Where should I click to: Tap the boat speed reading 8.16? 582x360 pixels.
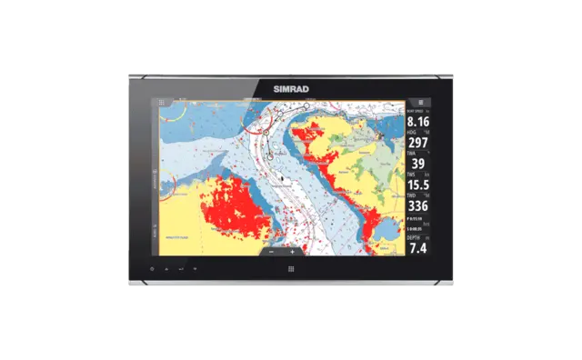pos(418,121)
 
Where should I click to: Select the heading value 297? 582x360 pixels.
pos(418,142)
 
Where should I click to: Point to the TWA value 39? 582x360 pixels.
pos(418,164)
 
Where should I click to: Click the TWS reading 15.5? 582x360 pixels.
pos(418,185)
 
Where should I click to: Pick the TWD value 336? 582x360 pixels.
pos(418,205)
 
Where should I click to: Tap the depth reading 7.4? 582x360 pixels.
pos(418,246)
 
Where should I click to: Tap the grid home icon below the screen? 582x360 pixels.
pos(291,269)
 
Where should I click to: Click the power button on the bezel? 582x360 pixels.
pos(153,270)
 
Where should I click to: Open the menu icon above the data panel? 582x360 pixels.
pos(419,103)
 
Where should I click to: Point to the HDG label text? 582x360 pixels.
pos(412,131)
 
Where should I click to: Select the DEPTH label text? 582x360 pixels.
pos(414,236)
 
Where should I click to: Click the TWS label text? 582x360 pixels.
pos(412,174)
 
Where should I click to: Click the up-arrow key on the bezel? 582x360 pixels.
pos(166,270)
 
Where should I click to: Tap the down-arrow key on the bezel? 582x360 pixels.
pos(195,270)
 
